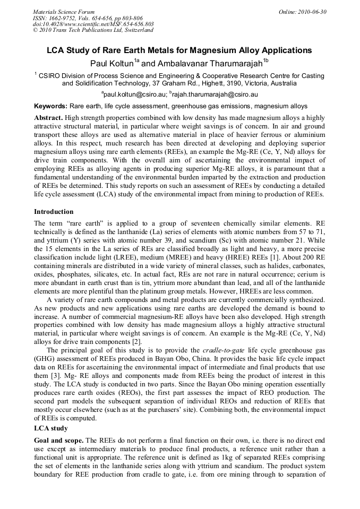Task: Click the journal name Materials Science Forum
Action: click(x=64, y=11)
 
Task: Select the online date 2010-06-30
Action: click(x=310, y=11)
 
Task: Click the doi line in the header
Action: click(x=93, y=24)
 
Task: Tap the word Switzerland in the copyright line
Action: click(x=138, y=30)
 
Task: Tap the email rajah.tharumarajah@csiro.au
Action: click(x=215, y=94)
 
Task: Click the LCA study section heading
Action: click(x=51, y=428)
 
